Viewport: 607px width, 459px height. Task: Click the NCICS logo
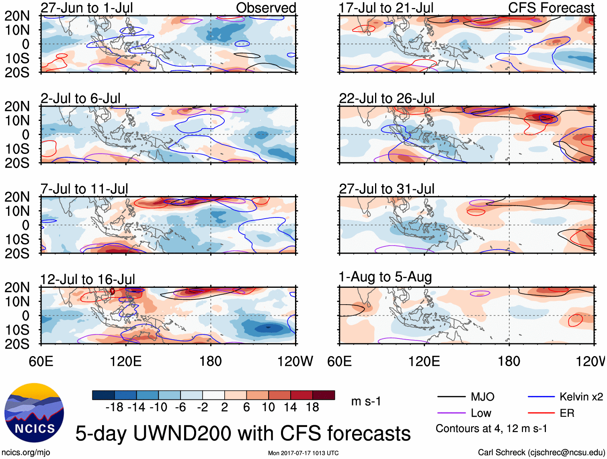pyautogui.click(x=34, y=413)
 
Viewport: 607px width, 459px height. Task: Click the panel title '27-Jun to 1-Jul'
pyautogui.click(x=87, y=8)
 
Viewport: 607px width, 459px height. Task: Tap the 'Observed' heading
pyautogui.click(x=266, y=8)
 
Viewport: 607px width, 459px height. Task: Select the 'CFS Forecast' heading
pyautogui.click(x=551, y=8)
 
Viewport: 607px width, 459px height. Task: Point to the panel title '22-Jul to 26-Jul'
pyautogui.click(x=387, y=98)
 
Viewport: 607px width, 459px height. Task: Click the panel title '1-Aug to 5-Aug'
pyautogui.click(x=385, y=277)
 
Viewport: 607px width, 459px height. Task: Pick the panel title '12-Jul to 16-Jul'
pyautogui.click(x=88, y=279)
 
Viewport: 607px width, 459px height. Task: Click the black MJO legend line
pyautogui.click(x=451, y=397)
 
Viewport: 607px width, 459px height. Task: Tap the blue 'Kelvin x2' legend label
pyautogui.click(x=581, y=397)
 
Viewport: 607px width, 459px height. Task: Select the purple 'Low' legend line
pyautogui.click(x=451, y=413)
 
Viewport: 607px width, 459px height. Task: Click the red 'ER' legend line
pyautogui.click(x=541, y=413)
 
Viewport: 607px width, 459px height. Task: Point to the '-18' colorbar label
pyautogui.click(x=114, y=408)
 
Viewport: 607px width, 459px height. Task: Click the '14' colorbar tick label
pyautogui.click(x=290, y=408)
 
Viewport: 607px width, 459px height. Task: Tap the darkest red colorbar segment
pyautogui.click(x=324, y=395)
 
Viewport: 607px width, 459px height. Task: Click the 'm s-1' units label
pyautogui.click(x=366, y=402)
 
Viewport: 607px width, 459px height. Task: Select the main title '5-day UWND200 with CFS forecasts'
pyautogui.click(x=243, y=433)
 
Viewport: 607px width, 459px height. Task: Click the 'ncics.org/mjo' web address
pyautogui.click(x=26, y=453)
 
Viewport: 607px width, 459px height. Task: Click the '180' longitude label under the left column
pyautogui.click(x=211, y=361)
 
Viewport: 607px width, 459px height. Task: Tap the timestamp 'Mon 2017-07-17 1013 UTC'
pyautogui.click(x=303, y=453)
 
